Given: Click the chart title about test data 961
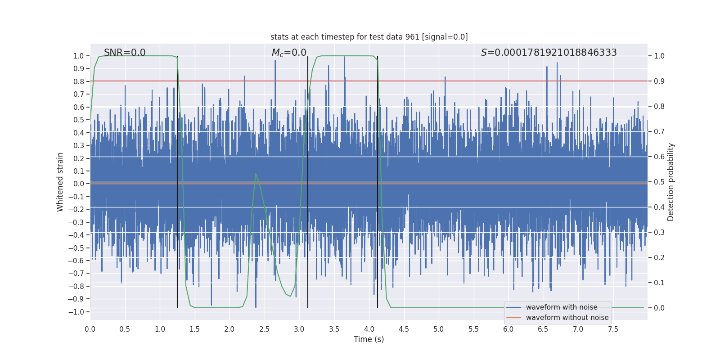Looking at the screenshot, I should pos(369,37).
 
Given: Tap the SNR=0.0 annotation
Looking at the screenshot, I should pos(125,53).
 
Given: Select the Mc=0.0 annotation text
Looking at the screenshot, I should pos(289,53).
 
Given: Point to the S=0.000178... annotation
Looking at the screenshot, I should pos(549,53).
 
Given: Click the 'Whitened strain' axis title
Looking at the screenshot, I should pos(60,182).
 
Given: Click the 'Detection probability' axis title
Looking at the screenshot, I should pos(671,182).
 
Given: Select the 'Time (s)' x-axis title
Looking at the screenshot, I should pos(369,339).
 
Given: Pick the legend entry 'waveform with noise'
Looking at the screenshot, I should pos(561,307).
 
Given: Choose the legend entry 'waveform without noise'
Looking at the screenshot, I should pos(567,318).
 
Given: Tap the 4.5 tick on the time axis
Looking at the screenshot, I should pos(404,329).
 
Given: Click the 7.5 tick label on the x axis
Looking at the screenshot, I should pos(613,329).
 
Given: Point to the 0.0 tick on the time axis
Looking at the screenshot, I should pos(90,329).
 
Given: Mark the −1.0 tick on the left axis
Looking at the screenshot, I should pos(78,312).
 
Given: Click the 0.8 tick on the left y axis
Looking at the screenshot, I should pos(79,81).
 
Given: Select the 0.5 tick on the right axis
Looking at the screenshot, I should pos(659,182).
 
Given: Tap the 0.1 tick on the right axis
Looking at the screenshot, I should pos(659,283).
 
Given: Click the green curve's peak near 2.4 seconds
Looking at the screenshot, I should pos(256,174).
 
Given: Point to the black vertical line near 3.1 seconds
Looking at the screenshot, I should pos(308,180).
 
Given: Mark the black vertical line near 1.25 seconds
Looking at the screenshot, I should pos(177,180).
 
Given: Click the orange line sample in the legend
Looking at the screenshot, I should pos(513,318).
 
